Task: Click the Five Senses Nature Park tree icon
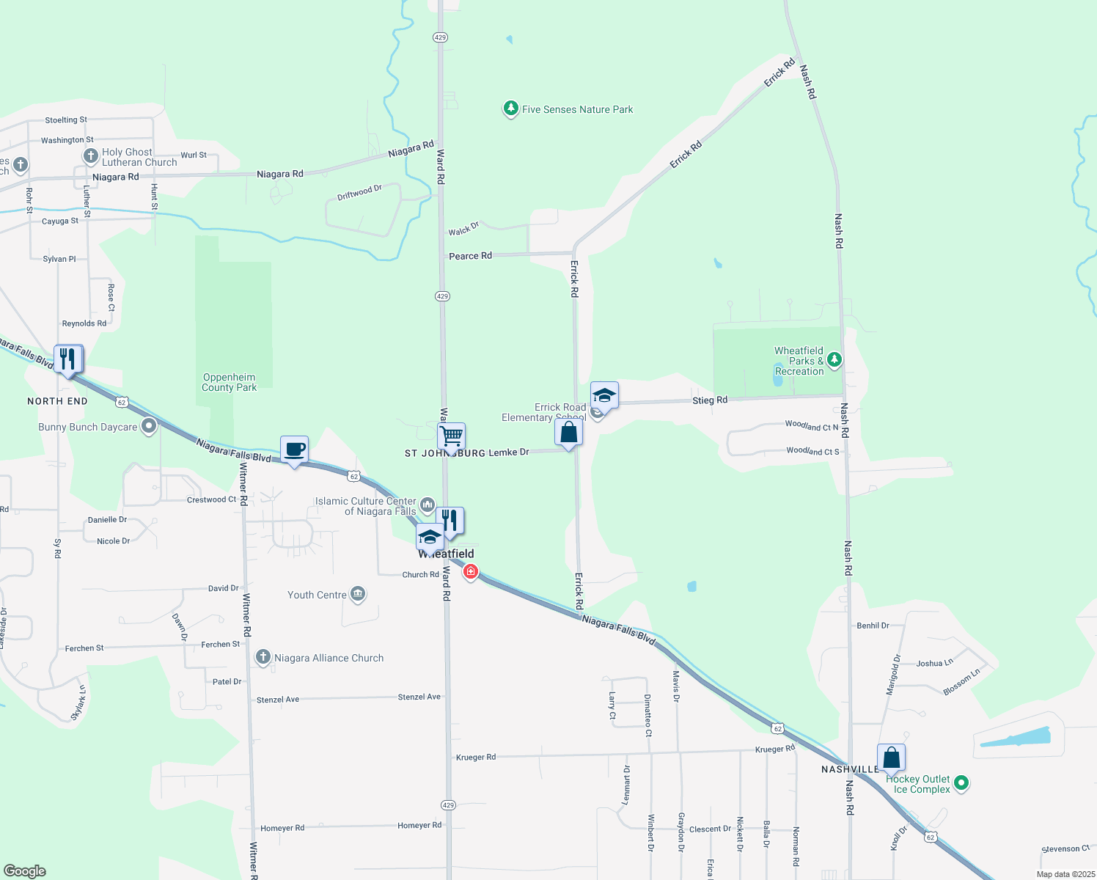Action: tap(510, 109)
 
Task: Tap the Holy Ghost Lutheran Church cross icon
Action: tap(90, 155)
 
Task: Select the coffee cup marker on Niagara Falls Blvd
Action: tap(294, 450)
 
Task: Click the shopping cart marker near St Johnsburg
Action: tap(452, 436)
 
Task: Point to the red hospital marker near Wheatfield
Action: tap(471, 571)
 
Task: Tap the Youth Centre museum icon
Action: tap(358, 593)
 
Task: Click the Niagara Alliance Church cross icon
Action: tap(263, 657)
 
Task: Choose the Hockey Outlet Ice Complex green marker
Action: tap(961, 783)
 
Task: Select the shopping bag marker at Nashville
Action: tap(891, 758)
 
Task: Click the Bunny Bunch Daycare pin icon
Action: tap(149, 425)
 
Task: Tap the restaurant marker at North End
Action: tap(68, 359)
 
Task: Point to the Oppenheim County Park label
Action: tap(230, 382)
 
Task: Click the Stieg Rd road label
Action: tap(710, 400)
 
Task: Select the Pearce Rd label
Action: tap(470, 256)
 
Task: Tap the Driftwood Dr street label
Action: tap(359, 193)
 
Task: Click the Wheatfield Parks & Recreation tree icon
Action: tap(834, 359)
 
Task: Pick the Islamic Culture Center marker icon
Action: tap(427, 505)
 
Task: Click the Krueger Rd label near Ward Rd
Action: tap(476, 757)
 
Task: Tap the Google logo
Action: tap(25, 871)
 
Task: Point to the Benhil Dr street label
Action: tap(873, 626)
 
